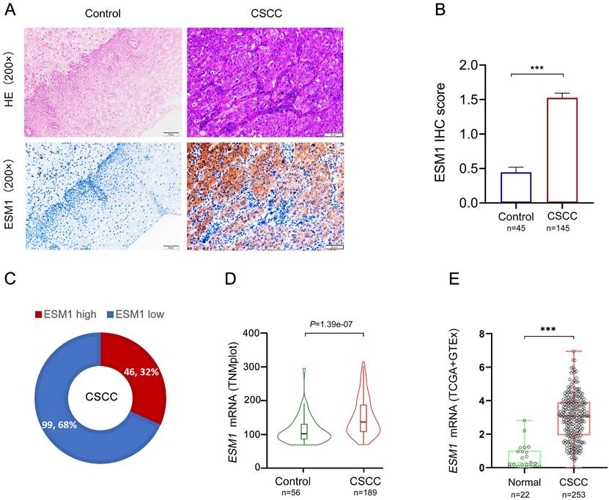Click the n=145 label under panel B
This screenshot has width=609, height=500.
(561, 228)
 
